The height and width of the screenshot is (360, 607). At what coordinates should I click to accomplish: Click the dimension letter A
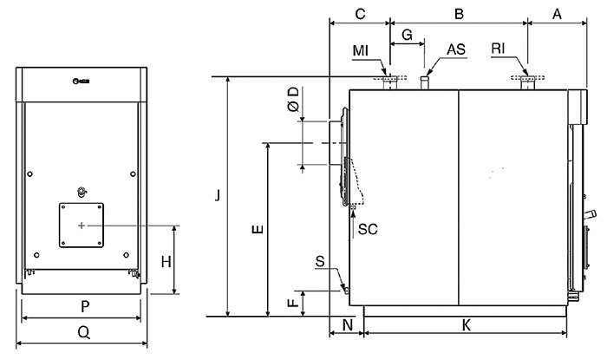click(557, 14)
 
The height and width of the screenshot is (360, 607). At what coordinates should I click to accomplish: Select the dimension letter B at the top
click(459, 14)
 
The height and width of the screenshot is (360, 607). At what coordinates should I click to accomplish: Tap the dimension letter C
click(360, 14)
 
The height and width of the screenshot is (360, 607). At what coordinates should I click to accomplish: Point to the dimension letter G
click(407, 35)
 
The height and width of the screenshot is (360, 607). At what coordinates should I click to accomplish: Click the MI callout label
click(361, 50)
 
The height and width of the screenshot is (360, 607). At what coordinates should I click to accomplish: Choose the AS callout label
click(456, 49)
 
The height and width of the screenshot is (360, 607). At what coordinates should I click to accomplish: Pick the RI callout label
click(498, 49)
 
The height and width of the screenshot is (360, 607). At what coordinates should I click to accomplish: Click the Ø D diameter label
click(294, 100)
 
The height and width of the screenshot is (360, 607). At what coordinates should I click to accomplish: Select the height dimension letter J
click(218, 195)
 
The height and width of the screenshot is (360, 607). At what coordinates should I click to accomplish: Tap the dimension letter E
click(258, 229)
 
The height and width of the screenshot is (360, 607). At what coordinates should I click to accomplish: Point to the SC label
click(368, 229)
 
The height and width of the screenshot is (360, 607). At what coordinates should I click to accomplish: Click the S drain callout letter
click(320, 261)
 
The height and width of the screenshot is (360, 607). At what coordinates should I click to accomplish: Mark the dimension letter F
click(294, 302)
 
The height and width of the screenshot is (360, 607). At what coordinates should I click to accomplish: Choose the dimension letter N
click(348, 325)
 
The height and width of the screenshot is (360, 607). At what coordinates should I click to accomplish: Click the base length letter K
click(467, 325)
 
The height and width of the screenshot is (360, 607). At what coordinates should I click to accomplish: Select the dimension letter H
click(166, 262)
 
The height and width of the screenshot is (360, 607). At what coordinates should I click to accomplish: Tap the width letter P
click(85, 306)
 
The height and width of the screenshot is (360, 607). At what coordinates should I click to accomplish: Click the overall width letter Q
click(84, 332)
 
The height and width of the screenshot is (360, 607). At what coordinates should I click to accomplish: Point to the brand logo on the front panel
click(81, 81)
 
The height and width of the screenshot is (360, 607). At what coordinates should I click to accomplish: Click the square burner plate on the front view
click(82, 225)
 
